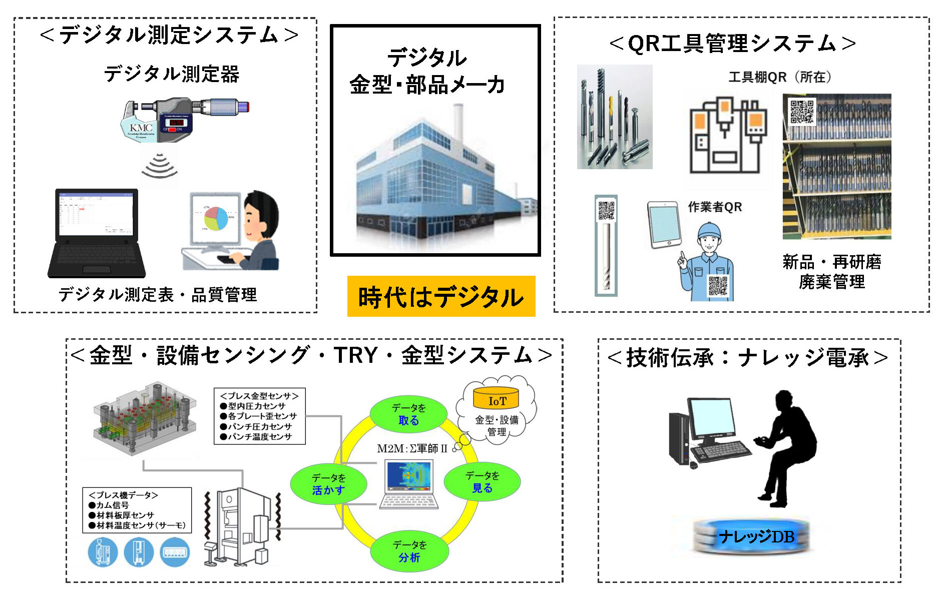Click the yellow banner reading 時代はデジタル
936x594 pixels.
441,296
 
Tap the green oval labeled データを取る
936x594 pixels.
408,414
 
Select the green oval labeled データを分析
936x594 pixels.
409,551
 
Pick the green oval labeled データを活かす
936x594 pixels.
328,484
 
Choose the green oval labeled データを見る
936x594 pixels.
482,481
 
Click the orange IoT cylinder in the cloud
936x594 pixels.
497,398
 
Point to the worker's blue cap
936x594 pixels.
710,231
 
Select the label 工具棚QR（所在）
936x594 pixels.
779,77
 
